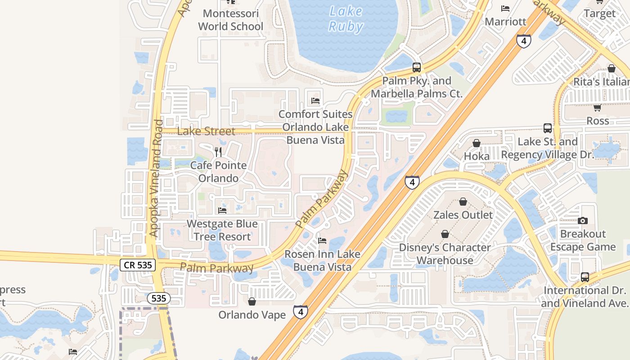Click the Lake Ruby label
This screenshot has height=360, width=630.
point(346,19)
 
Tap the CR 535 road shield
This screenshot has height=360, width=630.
point(138,265)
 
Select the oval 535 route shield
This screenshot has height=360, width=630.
point(158,298)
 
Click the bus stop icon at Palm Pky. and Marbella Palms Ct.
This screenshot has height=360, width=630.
point(417,68)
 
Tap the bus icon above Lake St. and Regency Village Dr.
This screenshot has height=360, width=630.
point(547,128)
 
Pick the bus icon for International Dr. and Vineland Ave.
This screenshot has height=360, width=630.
point(585,277)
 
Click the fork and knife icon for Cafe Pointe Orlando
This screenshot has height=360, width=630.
point(219,152)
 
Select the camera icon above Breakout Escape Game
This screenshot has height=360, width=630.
point(583,220)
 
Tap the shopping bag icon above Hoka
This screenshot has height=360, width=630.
point(476,143)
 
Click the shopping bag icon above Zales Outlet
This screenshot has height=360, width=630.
point(463,202)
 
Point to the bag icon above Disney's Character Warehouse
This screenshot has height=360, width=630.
point(445,234)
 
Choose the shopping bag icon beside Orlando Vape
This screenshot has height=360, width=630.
point(252,301)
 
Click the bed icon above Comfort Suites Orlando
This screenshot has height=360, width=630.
point(315,100)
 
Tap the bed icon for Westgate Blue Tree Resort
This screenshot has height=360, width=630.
point(222,210)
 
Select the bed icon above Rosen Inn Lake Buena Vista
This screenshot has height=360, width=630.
point(322,241)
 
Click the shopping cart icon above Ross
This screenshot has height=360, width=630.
point(597,108)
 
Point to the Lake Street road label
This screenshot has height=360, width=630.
point(206,131)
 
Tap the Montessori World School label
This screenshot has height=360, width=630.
point(230,20)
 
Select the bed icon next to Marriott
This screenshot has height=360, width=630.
point(505,8)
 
